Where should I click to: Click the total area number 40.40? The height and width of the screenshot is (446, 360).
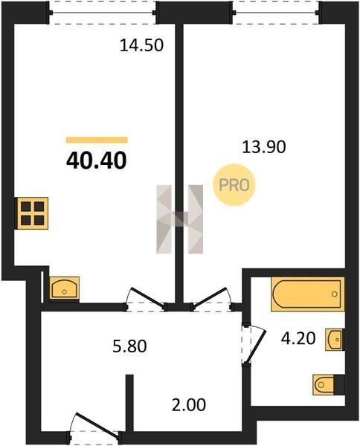(96, 161)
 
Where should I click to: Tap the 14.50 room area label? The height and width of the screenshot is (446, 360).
(142, 45)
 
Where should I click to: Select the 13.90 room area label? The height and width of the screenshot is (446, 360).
(264, 147)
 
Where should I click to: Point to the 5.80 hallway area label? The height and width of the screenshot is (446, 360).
(129, 346)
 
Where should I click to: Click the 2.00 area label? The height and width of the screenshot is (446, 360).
(189, 405)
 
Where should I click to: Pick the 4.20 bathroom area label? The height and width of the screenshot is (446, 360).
(298, 338)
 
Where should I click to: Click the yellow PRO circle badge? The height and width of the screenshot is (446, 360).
(234, 185)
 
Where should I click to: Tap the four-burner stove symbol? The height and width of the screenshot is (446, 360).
(33, 213)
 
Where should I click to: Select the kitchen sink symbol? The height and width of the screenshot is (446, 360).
(64, 288)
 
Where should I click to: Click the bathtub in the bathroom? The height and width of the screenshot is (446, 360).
(307, 294)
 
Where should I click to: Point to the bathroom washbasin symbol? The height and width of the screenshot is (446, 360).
(335, 340)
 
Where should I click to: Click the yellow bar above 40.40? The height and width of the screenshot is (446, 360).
(97, 140)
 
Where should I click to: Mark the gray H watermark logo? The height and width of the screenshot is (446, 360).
(179, 219)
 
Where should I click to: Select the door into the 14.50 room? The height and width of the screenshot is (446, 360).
(145, 300)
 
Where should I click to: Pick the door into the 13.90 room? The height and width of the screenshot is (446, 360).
(212, 300)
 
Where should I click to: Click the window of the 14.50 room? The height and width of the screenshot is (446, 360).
(103, 13)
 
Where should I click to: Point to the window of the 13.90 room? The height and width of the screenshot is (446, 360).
(277, 13)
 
